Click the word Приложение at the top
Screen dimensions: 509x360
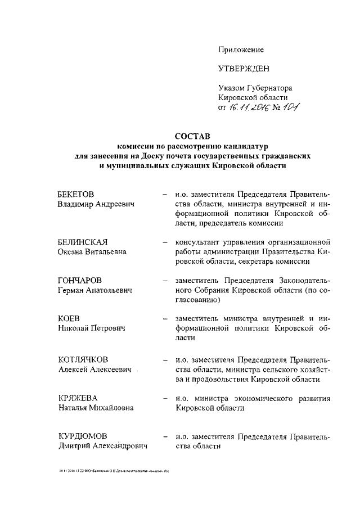click(241, 49)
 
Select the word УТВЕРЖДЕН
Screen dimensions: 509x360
click(244, 69)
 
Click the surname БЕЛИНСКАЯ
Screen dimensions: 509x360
click(83, 242)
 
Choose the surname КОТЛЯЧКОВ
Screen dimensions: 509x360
click(84, 359)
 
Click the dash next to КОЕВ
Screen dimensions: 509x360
click(163, 319)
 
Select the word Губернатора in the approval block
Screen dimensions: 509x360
click(267, 88)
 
